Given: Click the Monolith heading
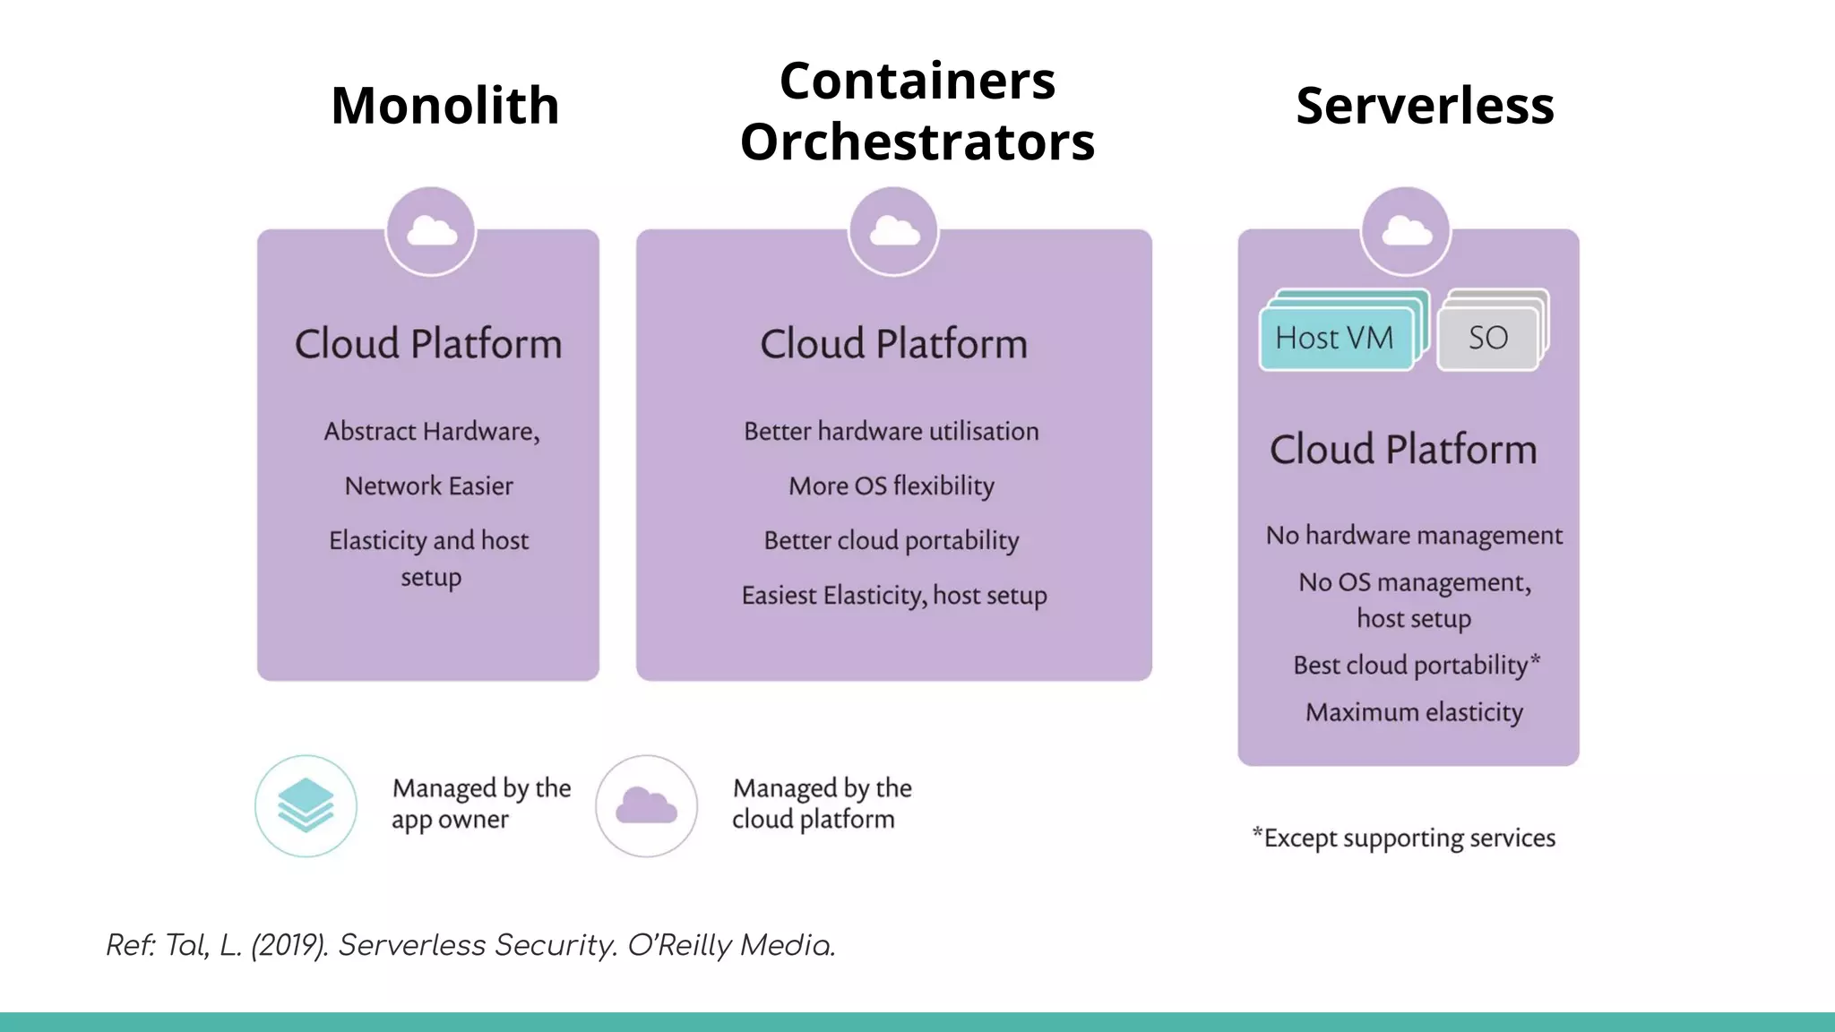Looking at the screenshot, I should point(444,106).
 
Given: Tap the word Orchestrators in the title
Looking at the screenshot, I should point(917,142).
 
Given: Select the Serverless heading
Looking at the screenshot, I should point(1425,106).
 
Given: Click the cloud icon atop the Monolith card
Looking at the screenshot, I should point(431,232).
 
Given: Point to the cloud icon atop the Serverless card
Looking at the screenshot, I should point(1406,232).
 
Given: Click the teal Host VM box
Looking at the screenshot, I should point(1334,339).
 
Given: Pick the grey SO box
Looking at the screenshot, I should point(1487,339).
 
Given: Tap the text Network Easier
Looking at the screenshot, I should point(428,486).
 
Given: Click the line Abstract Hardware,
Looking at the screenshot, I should point(431,432).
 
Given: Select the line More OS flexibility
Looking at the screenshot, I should point(892,486).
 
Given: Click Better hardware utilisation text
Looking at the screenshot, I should point(892,432).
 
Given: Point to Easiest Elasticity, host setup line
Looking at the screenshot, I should point(894,596).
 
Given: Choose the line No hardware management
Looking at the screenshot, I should point(1414,536).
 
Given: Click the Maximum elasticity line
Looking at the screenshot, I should point(1414,713).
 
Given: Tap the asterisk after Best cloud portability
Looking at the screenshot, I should point(1536,660).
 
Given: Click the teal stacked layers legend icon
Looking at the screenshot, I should point(306,805).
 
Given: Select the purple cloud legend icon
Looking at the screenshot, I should point(646,805).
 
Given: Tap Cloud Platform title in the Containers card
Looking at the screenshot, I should point(893,344).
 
